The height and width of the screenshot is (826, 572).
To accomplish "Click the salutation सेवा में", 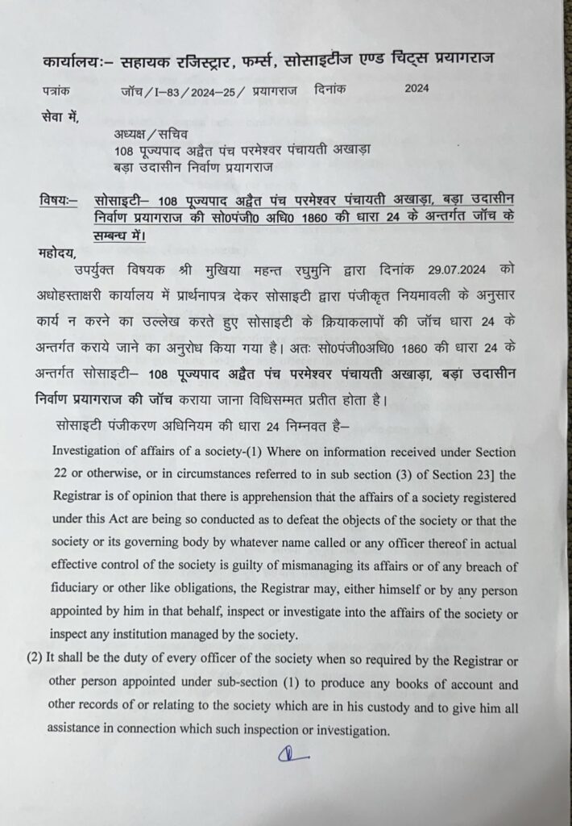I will pos(60,119).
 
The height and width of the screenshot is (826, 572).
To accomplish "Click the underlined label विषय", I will pos(58,199).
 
